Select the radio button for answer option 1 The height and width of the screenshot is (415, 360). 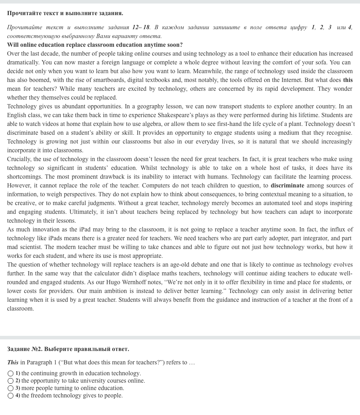(11, 373)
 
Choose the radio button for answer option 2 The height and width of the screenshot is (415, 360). (11, 381)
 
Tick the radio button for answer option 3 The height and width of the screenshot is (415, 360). (11, 388)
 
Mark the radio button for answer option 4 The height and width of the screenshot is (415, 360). (11, 396)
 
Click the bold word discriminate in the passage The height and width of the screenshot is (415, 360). (287, 185)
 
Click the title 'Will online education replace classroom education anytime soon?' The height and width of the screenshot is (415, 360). (95, 45)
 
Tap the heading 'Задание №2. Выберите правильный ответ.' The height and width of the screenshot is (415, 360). (68, 349)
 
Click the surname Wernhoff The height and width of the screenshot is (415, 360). (139, 282)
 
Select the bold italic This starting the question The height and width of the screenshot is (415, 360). (13, 362)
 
